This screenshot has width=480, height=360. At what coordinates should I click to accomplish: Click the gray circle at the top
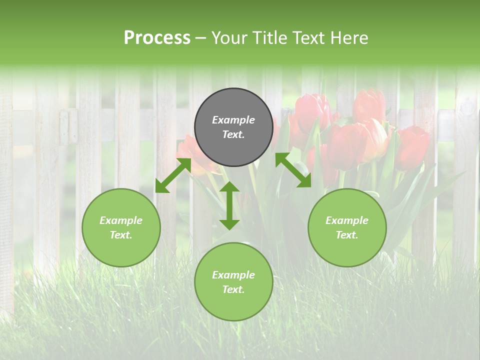pyautogui.click(x=233, y=127)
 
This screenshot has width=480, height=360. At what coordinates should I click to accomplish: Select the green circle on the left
pyautogui.click(x=121, y=228)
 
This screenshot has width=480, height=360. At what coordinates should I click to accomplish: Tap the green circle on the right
pyautogui.click(x=347, y=228)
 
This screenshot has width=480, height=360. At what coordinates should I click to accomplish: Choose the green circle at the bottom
pyautogui.click(x=233, y=282)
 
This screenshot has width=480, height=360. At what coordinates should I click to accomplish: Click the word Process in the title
pyautogui.click(x=157, y=38)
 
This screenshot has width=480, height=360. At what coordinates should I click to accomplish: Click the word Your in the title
pyautogui.click(x=230, y=38)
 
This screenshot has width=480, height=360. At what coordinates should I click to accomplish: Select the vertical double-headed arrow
pyautogui.click(x=229, y=205)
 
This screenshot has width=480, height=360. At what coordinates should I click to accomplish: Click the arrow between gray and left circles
pyautogui.click(x=172, y=175)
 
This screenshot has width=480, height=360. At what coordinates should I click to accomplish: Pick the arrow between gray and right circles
pyautogui.click(x=293, y=170)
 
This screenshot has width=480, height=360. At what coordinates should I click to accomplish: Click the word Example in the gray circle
pyautogui.click(x=233, y=120)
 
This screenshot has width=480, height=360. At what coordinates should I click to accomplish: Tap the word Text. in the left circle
pyautogui.click(x=121, y=235)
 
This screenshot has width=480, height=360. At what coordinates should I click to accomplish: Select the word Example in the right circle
pyautogui.click(x=347, y=220)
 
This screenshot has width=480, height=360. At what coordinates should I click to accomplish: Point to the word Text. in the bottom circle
pyautogui.click(x=233, y=289)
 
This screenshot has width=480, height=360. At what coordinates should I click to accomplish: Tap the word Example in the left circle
pyautogui.click(x=121, y=220)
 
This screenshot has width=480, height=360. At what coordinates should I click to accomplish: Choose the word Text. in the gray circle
pyautogui.click(x=233, y=135)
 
